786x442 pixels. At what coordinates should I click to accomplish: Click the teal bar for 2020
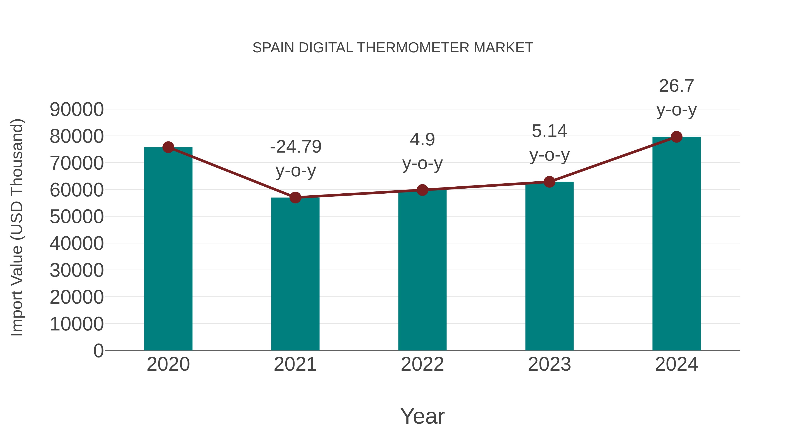pos(168,249)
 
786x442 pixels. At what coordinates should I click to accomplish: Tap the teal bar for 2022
pos(422,270)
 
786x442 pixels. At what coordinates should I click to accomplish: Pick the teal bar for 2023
pos(549,266)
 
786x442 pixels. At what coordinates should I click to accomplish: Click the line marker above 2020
pos(168,147)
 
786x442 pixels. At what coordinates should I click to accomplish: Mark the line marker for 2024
pos(676,137)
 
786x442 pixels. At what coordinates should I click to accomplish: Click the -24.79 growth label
pos(296,147)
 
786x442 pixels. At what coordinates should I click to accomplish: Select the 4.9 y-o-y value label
pos(422,140)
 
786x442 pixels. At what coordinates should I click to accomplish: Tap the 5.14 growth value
pos(549,131)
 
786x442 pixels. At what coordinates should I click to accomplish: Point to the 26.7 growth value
pos(676,86)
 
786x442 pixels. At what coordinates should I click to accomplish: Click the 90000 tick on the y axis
pos(77,110)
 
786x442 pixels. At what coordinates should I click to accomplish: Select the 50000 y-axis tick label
pos(77,217)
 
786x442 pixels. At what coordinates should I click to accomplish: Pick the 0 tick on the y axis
pos(98,351)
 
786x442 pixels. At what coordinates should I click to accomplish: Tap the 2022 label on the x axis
pos(422,364)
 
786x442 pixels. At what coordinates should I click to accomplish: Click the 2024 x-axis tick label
pos(676,364)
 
